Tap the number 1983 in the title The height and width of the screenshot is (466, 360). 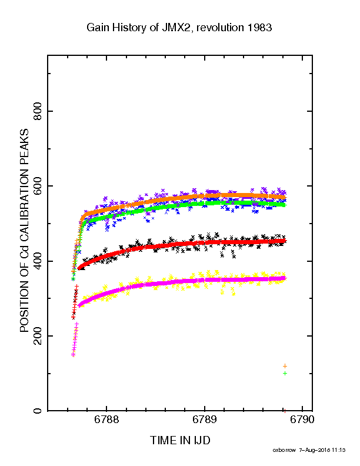click(259, 28)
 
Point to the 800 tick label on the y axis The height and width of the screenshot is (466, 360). click(38, 111)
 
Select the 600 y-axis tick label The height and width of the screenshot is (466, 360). click(38, 186)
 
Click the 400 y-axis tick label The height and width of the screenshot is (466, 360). click(38, 261)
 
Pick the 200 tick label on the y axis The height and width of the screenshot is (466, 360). click(38, 336)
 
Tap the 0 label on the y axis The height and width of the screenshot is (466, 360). click(38, 411)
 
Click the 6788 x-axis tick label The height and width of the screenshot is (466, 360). click(106, 420)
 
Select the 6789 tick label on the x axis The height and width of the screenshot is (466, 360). click(204, 420)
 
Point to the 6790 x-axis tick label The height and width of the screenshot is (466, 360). click(302, 420)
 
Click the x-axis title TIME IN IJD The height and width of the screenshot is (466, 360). click(180, 441)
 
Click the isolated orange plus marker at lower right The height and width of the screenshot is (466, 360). click(285, 366)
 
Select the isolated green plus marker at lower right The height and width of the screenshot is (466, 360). click(285, 373)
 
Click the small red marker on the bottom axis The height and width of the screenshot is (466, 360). click(285, 411)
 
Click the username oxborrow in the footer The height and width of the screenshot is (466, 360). click(284, 450)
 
